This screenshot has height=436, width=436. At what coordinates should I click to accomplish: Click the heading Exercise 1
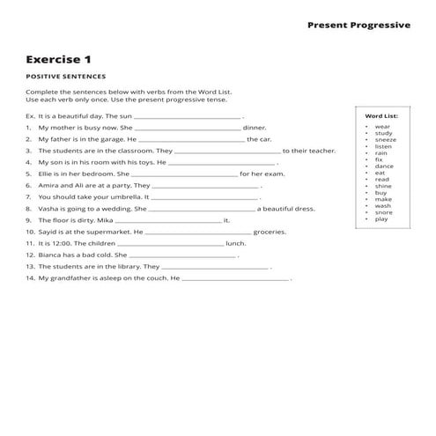(58, 60)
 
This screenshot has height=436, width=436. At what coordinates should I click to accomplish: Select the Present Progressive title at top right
(358, 25)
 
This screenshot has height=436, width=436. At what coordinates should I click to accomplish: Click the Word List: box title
(381, 115)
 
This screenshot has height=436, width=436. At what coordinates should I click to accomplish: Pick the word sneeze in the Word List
(385, 139)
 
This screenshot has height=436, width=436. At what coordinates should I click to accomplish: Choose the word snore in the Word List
(383, 212)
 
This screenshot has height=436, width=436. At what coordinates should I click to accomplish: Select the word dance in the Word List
(384, 166)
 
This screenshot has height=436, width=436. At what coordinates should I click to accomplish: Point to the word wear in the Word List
(382, 126)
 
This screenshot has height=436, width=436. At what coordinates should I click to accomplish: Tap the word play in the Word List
(381, 218)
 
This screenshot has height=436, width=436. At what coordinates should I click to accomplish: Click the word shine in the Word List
(383, 186)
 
